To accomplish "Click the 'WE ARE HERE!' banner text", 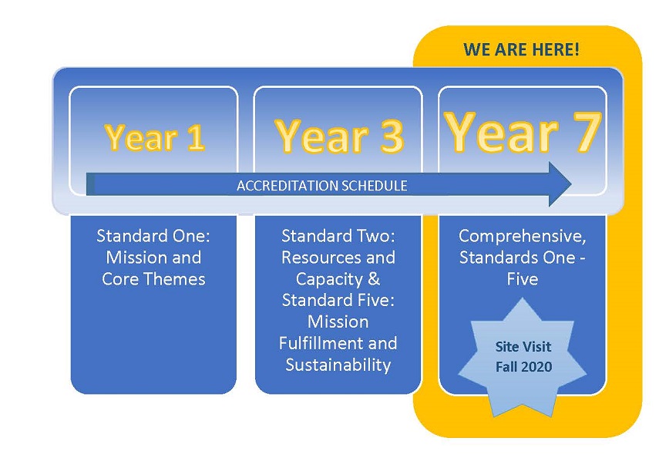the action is (x=521, y=49).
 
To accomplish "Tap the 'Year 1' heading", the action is (x=155, y=137).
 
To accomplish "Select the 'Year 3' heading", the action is (x=339, y=136).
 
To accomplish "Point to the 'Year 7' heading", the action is (x=523, y=132).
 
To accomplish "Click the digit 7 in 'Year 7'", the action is (x=587, y=132).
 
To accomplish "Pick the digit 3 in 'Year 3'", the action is (x=392, y=136).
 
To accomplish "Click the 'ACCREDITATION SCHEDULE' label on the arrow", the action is (x=322, y=186).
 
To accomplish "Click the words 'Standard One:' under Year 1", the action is (x=153, y=235).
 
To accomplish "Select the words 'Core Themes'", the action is (x=153, y=279).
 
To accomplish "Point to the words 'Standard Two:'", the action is (x=338, y=235).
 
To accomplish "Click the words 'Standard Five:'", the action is (x=338, y=300).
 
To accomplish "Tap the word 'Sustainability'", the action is (x=338, y=365).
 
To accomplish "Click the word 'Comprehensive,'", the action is (x=523, y=237).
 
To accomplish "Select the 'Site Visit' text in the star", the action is (x=523, y=346).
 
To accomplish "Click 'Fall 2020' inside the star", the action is (x=523, y=367).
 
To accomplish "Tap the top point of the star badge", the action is (x=522, y=298).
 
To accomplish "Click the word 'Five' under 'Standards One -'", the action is (x=523, y=279).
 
